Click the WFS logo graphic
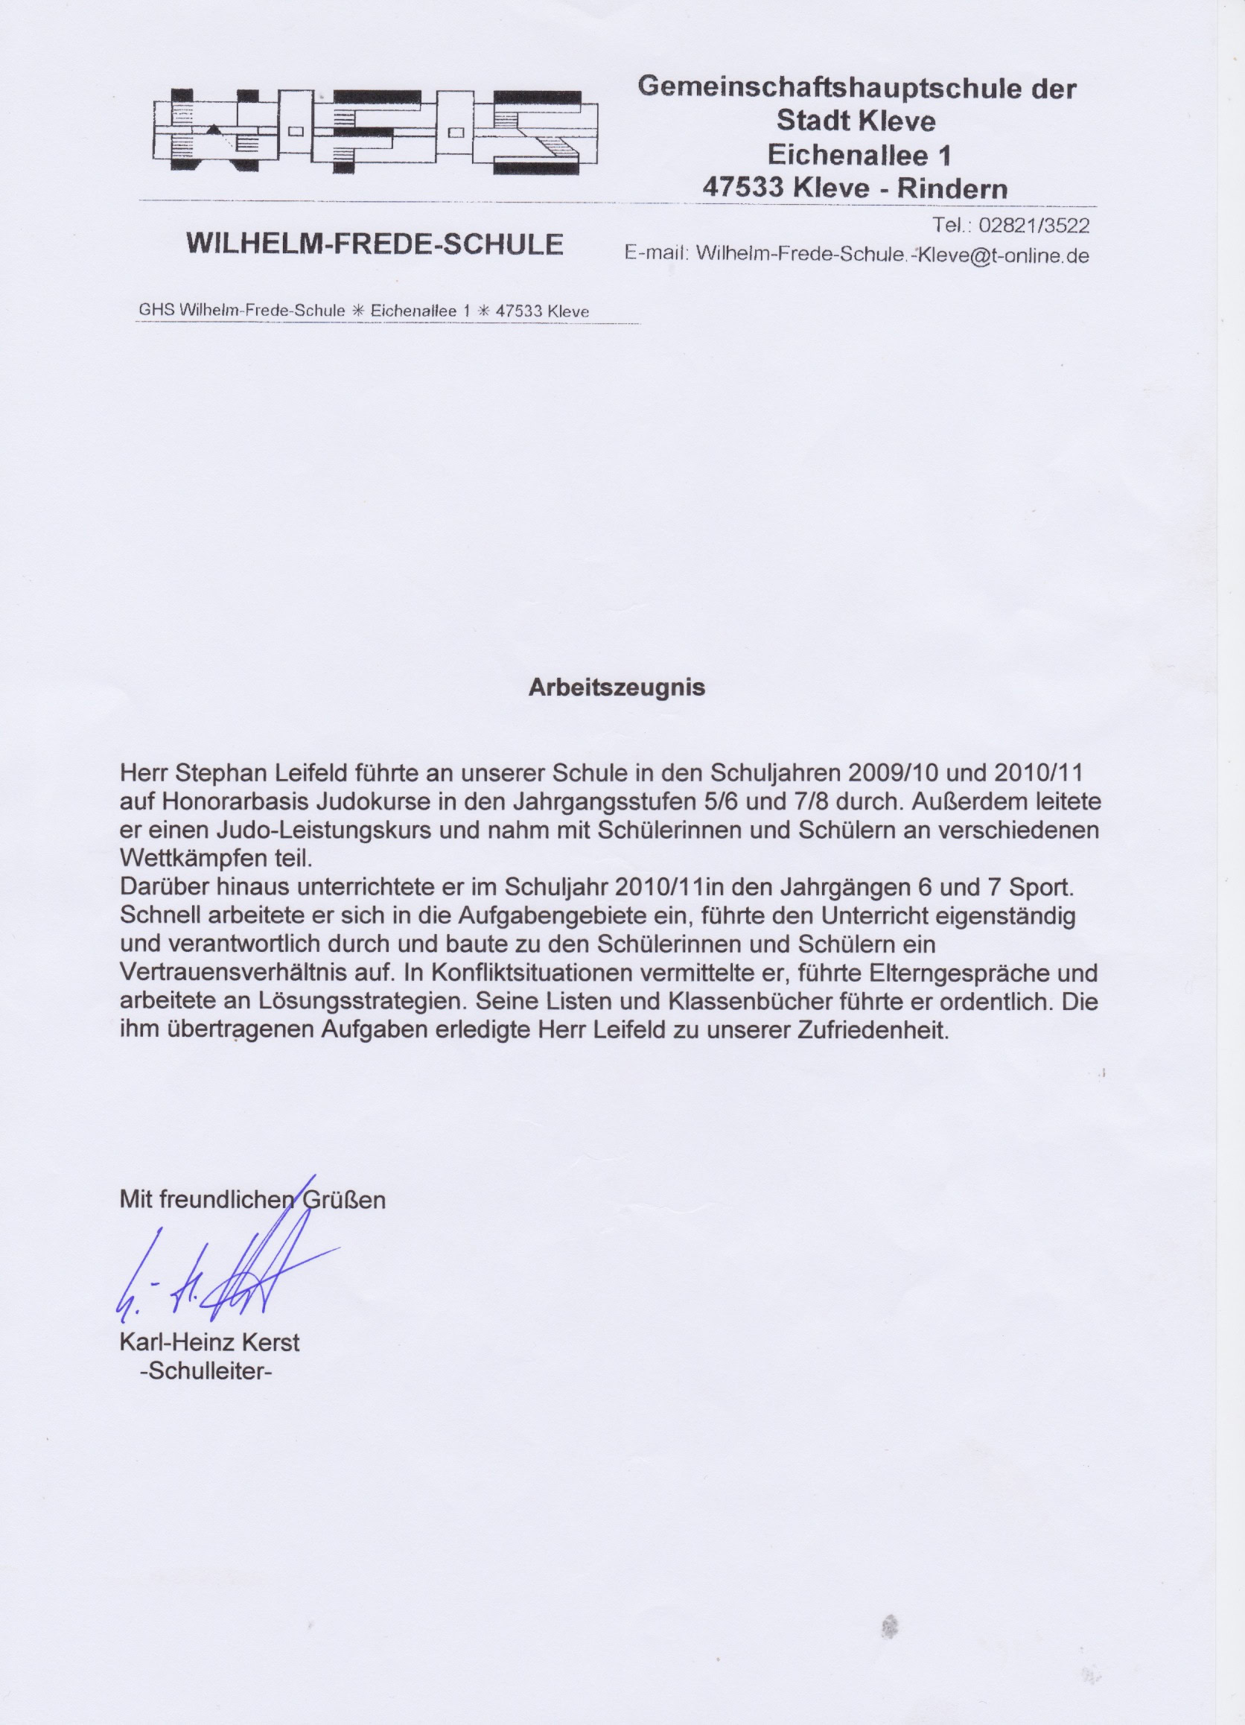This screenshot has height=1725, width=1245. click(375, 131)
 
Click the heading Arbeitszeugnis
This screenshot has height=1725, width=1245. click(616, 687)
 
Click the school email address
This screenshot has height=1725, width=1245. click(892, 254)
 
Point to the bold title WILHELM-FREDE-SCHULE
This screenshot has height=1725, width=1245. click(375, 244)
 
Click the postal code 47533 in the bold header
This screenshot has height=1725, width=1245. click(742, 188)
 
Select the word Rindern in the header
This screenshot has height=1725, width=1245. click(952, 188)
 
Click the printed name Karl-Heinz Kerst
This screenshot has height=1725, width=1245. click(209, 1341)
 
